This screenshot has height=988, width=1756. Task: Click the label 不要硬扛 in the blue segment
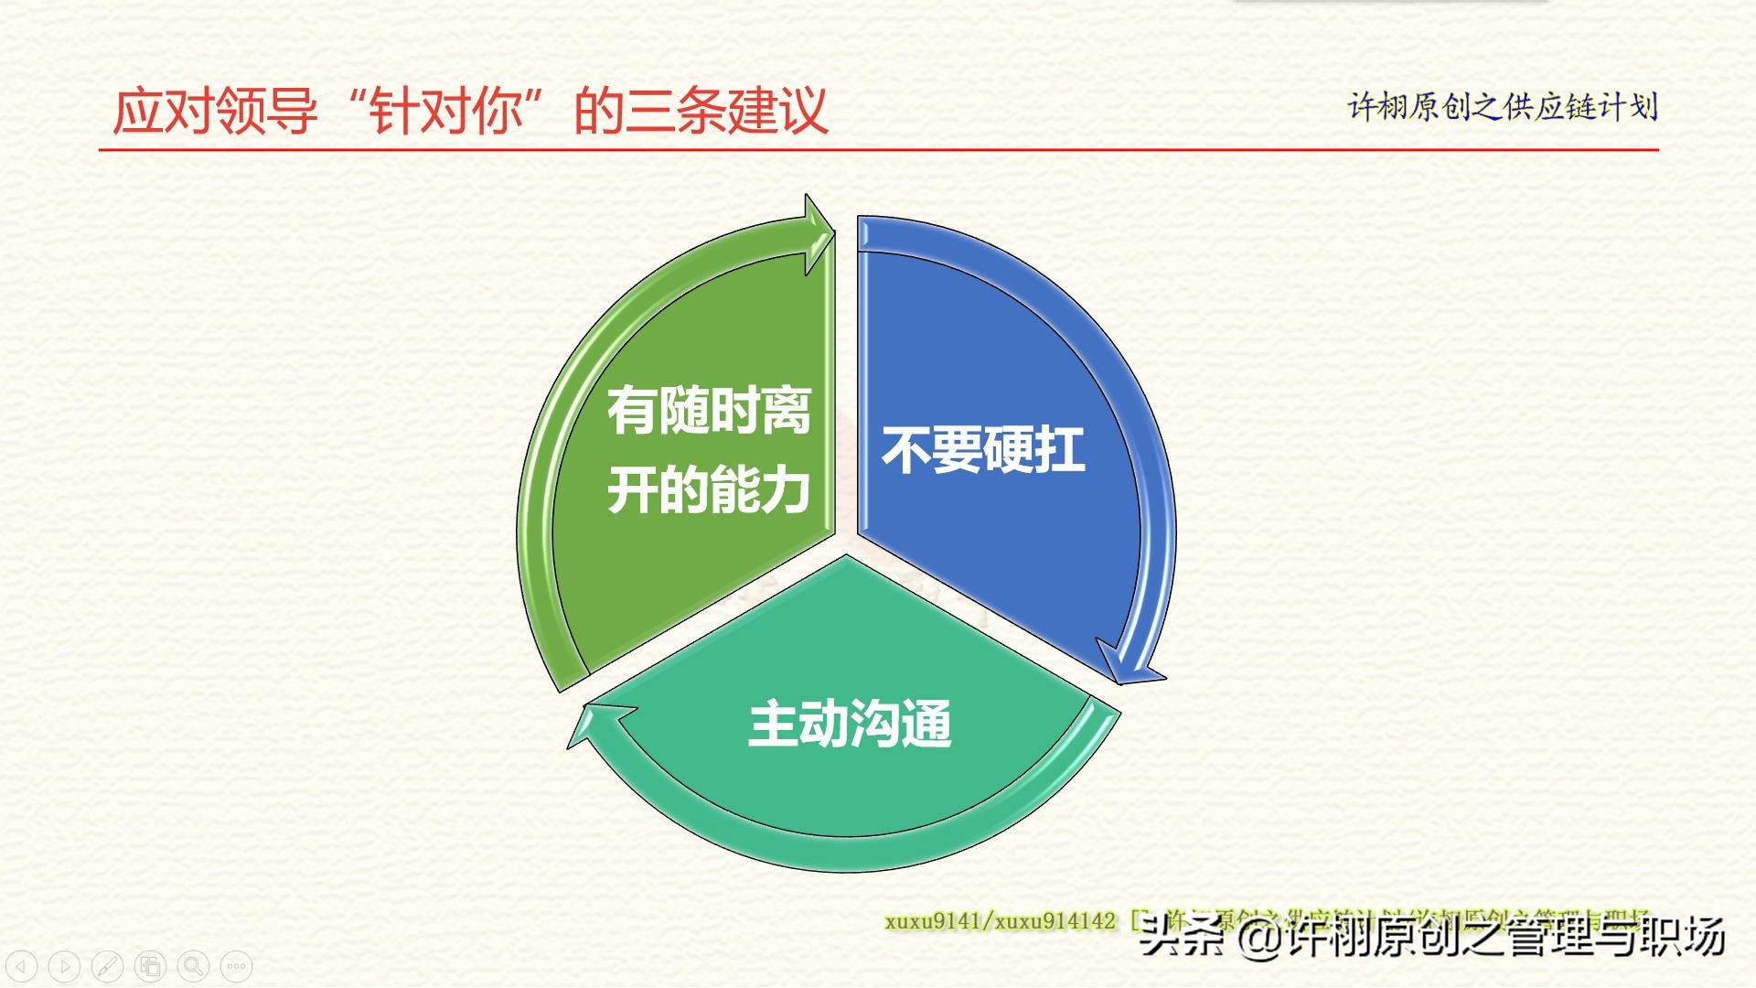click(983, 450)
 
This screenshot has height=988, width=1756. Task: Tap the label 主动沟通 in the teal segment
click(850, 724)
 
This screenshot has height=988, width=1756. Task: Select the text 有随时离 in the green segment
click(709, 411)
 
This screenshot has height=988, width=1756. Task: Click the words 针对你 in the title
click(446, 112)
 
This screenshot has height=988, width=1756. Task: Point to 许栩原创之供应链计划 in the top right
click(1503, 107)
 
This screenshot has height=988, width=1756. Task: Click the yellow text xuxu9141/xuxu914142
click(1000, 920)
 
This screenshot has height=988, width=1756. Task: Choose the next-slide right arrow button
click(64, 966)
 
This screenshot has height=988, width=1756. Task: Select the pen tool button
click(107, 966)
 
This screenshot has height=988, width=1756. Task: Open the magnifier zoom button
click(193, 966)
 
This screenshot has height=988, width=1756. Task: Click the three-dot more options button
click(236, 966)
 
